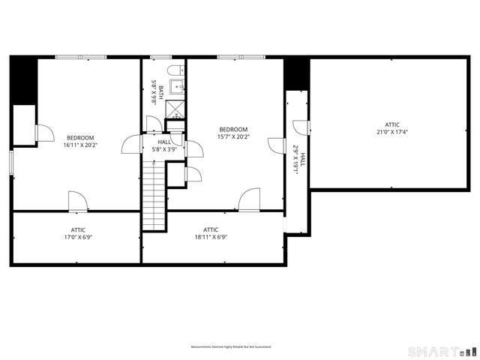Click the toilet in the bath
tap(175, 71)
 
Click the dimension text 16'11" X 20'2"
tap(80, 145)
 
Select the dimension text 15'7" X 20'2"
tap(233, 136)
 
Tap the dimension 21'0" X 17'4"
tap(392, 132)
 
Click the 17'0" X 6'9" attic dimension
tap(78, 238)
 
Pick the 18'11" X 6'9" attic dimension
tap(211, 238)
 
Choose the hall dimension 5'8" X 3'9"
tap(164, 149)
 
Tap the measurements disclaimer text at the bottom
tap(230, 347)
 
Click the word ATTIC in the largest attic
tap(392, 124)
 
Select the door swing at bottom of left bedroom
tap(78, 201)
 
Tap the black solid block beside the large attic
tap(297, 73)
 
